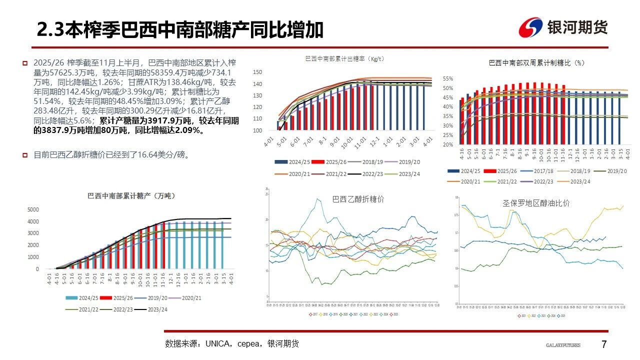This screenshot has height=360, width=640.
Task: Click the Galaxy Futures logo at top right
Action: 563,27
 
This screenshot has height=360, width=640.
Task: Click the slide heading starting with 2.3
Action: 180,30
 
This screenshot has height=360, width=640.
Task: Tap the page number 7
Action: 603,344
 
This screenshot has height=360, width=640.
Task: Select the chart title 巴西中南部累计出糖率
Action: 344,59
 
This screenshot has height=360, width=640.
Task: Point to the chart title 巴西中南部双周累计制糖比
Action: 536,63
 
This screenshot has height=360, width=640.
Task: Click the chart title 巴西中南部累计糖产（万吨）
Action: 131,195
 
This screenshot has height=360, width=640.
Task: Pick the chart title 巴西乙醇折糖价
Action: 358,199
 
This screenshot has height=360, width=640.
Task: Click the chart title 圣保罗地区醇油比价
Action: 536,203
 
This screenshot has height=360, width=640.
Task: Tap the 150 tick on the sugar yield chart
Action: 257,72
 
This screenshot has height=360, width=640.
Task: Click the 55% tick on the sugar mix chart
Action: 447,79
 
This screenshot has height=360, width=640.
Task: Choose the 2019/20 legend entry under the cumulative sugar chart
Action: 160,297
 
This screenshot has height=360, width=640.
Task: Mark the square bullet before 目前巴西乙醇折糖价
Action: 24,155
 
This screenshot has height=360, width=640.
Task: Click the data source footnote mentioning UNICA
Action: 232,344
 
